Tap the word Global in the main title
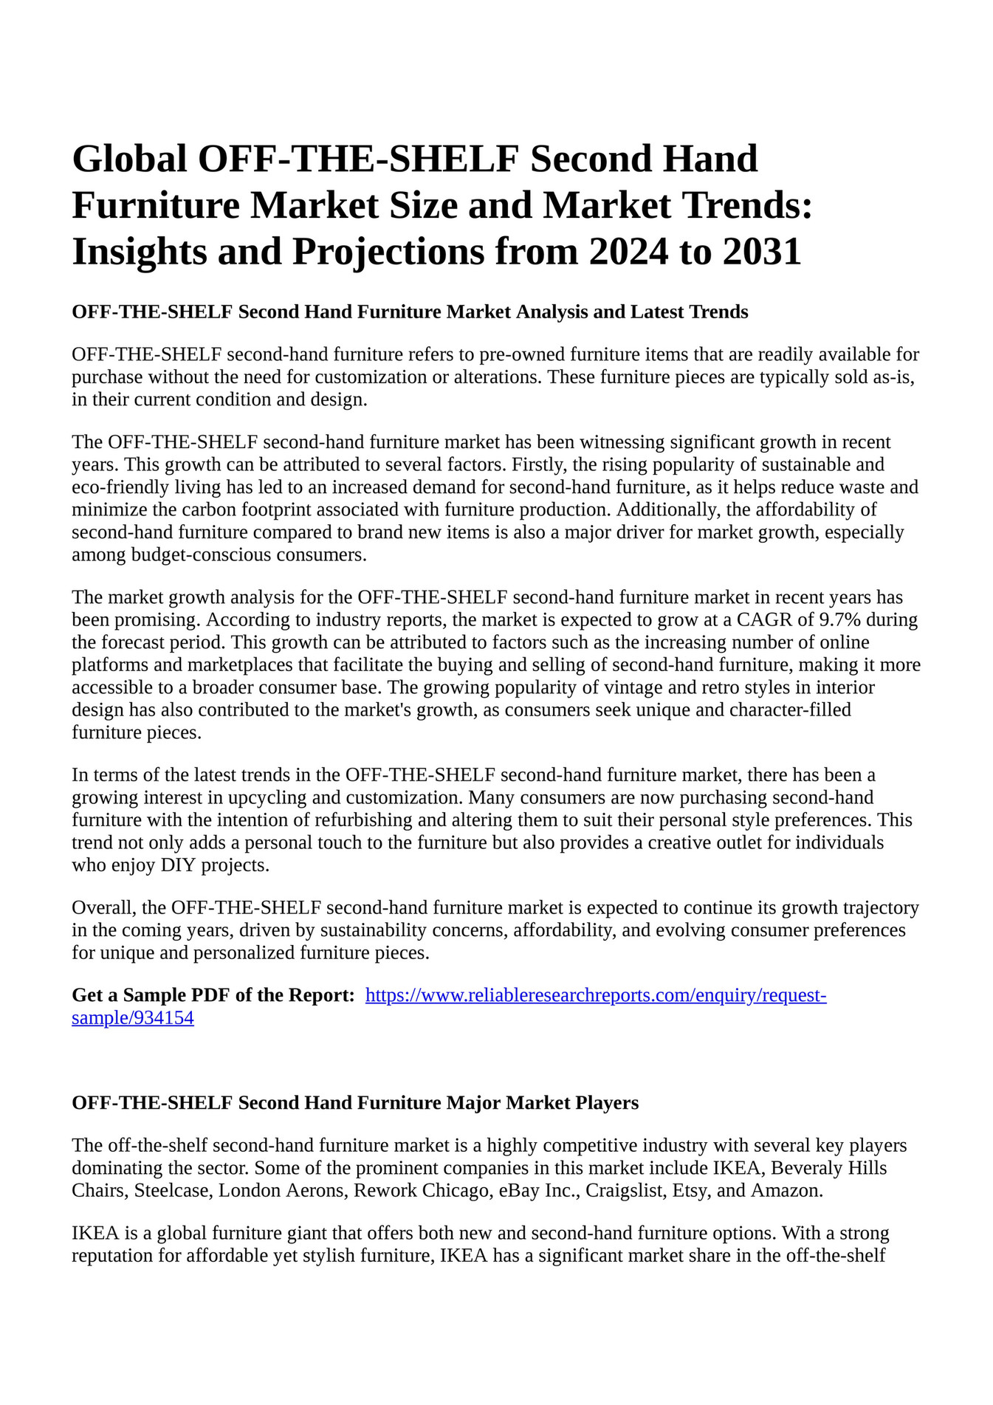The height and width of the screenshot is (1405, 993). click(x=129, y=159)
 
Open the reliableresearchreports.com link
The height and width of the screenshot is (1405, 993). click(x=596, y=995)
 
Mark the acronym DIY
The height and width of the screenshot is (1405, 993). click(x=177, y=865)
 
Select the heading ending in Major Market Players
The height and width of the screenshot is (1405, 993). click(x=355, y=1103)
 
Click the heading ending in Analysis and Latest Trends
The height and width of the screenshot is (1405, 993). click(x=410, y=312)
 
